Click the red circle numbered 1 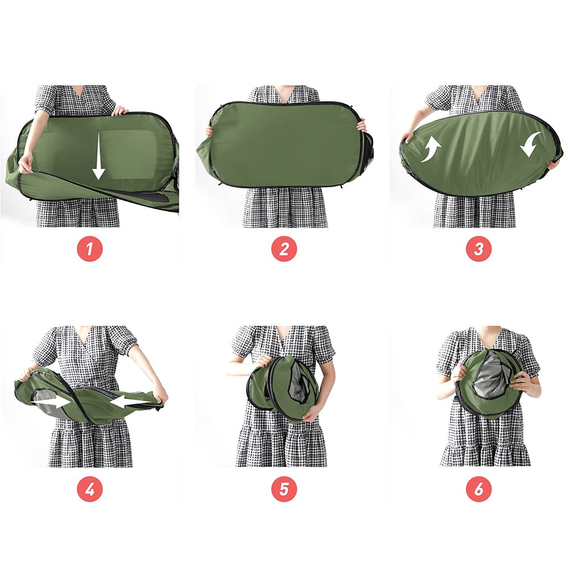click(x=90, y=249)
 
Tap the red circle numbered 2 click(x=284, y=249)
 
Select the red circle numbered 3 click(x=479, y=249)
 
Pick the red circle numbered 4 click(x=90, y=489)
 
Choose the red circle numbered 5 click(x=284, y=489)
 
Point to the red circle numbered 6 click(x=479, y=489)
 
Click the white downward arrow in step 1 click(x=98, y=156)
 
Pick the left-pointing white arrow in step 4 click(x=130, y=402)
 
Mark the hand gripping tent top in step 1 click(x=119, y=110)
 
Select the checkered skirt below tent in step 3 click(x=475, y=211)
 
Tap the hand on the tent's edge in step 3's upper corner click(x=407, y=135)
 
